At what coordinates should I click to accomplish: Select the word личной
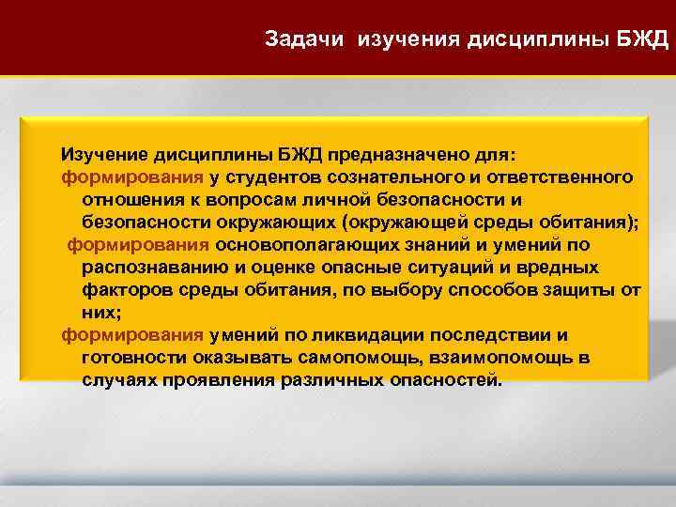[356, 199]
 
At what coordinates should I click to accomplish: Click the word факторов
[122, 290]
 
